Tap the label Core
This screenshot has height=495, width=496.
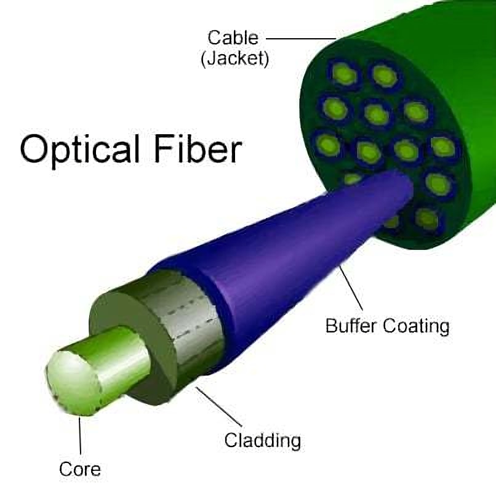pyautogui.click(x=80, y=469)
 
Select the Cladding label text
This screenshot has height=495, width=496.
pyautogui.click(x=262, y=440)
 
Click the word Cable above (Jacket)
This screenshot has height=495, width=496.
pyautogui.click(x=233, y=38)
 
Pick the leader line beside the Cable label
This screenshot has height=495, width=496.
pyautogui.click(x=302, y=38)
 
